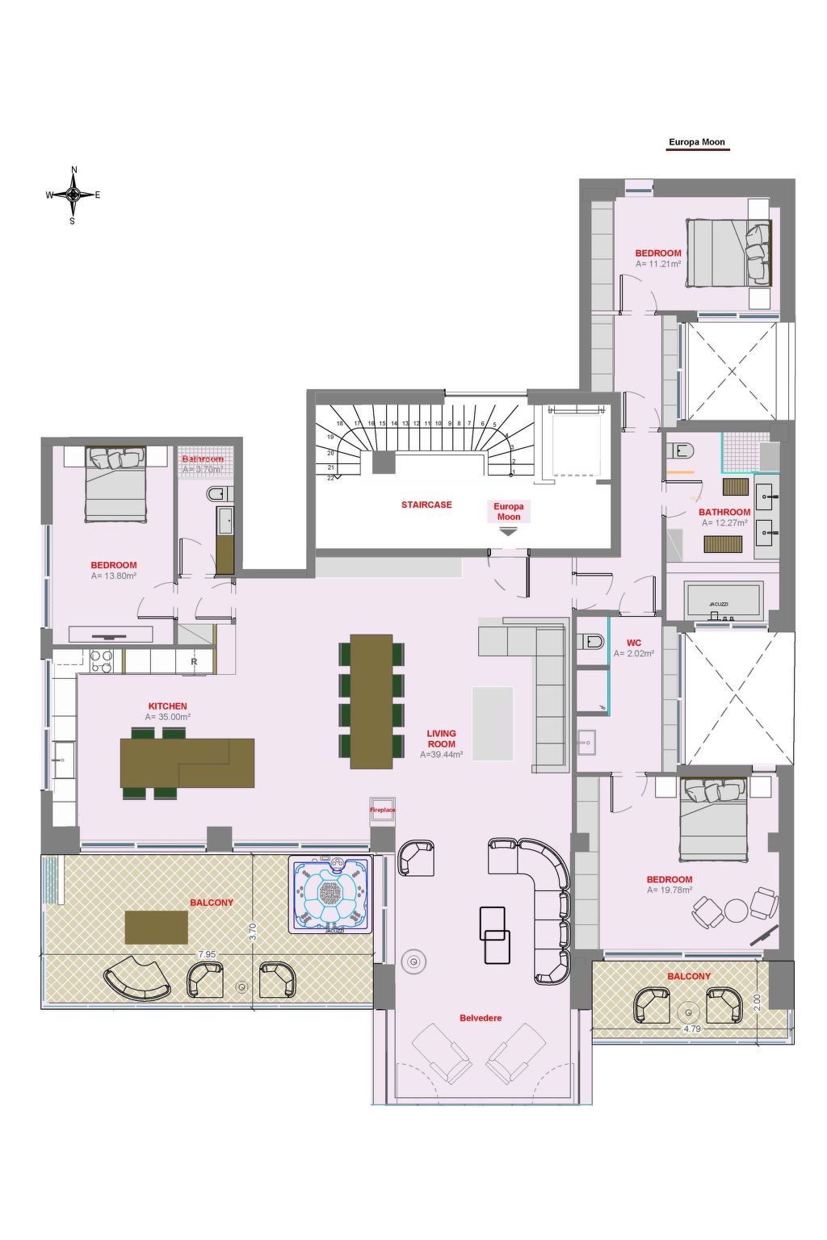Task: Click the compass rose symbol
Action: (x=73, y=195)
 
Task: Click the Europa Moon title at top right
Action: (x=697, y=142)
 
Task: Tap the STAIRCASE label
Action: (x=426, y=505)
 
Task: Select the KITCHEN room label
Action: (x=167, y=706)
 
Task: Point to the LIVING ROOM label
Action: (x=441, y=739)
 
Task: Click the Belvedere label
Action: (x=481, y=1018)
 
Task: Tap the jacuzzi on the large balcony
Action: (x=330, y=894)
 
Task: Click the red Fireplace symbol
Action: (x=383, y=810)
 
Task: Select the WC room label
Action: (x=634, y=643)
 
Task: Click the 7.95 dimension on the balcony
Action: (x=207, y=954)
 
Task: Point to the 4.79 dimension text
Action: (x=692, y=1029)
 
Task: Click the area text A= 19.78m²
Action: (x=670, y=890)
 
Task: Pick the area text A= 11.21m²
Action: (x=658, y=264)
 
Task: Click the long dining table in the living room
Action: (x=372, y=701)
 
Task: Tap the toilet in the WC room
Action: (x=591, y=642)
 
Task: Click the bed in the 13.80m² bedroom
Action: (x=116, y=484)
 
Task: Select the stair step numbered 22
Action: (x=331, y=478)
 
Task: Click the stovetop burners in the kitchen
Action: (x=102, y=661)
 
